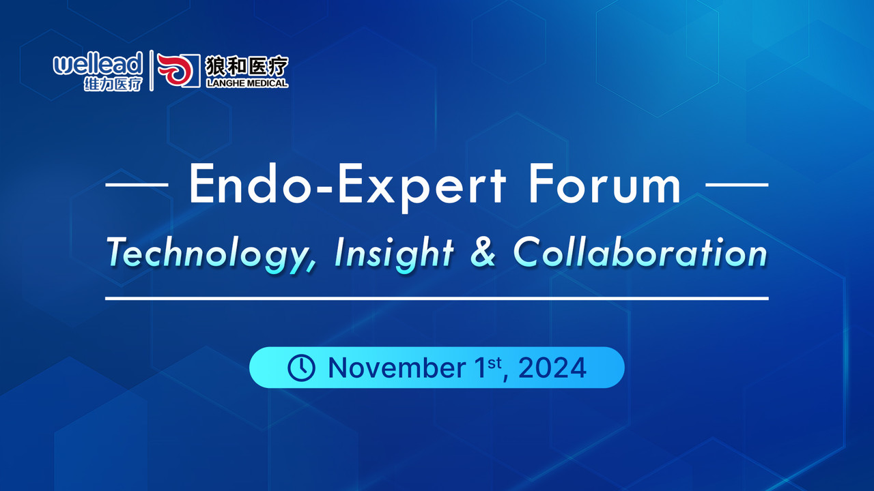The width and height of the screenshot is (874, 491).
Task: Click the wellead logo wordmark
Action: (x=98, y=64)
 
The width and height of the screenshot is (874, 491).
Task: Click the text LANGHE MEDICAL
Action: (x=247, y=83)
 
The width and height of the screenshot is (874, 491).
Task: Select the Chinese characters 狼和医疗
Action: (x=247, y=65)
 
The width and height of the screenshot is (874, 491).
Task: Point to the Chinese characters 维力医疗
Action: (x=113, y=84)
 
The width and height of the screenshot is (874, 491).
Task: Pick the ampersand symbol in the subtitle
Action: (x=483, y=252)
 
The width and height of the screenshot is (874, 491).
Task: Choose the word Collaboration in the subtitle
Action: (x=640, y=252)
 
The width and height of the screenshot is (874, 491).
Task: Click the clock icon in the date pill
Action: (x=301, y=368)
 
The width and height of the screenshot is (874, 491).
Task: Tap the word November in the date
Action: (x=397, y=368)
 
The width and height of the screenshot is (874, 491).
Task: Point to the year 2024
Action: (x=552, y=368)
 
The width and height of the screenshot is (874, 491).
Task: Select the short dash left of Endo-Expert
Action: (x=137, y=185)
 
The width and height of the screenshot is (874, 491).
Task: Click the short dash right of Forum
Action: (x=737, y=185)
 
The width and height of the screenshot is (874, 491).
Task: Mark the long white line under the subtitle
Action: (x=437, y=299)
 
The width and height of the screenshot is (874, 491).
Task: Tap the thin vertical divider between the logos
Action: (x=152, y=70)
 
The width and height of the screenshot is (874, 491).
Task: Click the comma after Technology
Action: (x=311, y=267)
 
